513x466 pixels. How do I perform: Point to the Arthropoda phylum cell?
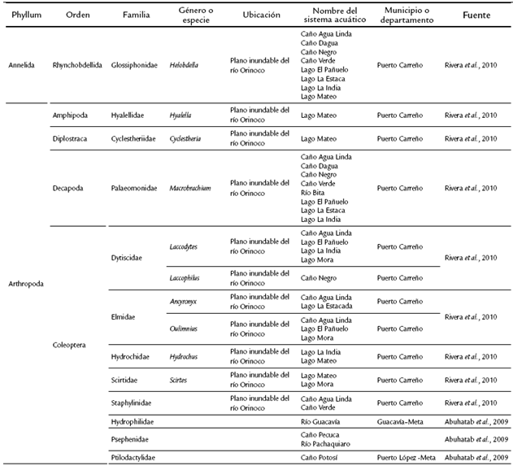[23, 284]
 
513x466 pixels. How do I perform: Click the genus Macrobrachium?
[190, 188]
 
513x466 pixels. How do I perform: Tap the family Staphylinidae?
[133, 403]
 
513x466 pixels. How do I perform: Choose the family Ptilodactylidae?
[133, 458]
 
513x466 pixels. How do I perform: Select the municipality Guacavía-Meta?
[404, 421]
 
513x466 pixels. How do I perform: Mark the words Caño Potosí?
[319, 458]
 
